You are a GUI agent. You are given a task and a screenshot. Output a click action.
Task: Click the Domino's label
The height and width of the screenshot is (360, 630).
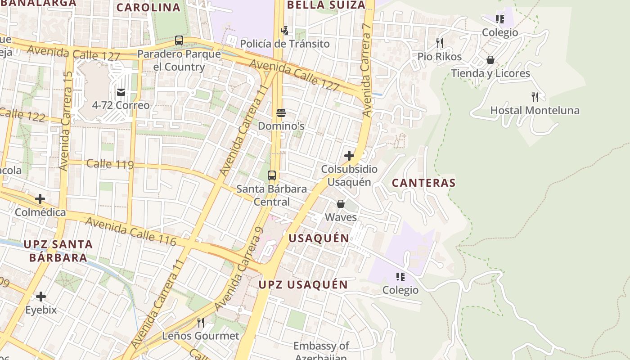click(x=281, y=126)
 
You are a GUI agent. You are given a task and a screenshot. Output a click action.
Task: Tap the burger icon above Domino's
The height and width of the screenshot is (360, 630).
click(x=281, y=113)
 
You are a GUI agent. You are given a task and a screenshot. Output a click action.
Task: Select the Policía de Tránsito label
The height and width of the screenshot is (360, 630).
click(x=284, y=44)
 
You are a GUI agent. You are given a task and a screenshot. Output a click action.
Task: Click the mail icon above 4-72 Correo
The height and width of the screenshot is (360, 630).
click(x=121, y=92)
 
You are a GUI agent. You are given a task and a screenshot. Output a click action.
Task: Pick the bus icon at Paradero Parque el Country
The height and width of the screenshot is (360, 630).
click(x=179, y=40)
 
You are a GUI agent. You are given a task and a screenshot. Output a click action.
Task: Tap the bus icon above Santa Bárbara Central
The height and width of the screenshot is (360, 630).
click(x=272, y=175)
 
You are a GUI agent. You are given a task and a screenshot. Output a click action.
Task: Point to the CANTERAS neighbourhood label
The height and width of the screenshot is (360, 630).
click(x=423, y=183)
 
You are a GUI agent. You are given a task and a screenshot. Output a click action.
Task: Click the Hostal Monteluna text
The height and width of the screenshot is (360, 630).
click(x=535, y=110)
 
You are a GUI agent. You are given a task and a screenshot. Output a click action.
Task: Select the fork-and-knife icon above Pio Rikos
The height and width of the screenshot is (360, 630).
click(x=440, y=43)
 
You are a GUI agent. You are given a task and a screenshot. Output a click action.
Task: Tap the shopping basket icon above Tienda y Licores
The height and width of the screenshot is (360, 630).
click(x=490, y=60)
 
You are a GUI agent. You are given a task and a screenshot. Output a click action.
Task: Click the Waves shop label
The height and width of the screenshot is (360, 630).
click(x=341, y=217)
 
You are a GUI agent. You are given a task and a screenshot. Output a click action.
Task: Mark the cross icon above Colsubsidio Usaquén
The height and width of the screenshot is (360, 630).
click(x=349, y=156)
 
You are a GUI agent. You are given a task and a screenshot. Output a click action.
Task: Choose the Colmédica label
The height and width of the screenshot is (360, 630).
click(x=40, y=212)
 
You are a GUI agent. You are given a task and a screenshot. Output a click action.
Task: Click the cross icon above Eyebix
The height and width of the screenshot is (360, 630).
click(x=41, y=297)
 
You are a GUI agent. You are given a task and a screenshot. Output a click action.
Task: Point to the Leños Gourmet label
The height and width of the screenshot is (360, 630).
click(x=200, y=336)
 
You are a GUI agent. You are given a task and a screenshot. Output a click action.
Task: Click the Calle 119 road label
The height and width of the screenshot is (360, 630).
click(x=110, y=164)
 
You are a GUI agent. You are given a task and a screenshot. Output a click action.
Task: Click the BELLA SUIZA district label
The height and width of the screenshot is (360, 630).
click(x=326, y=5)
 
